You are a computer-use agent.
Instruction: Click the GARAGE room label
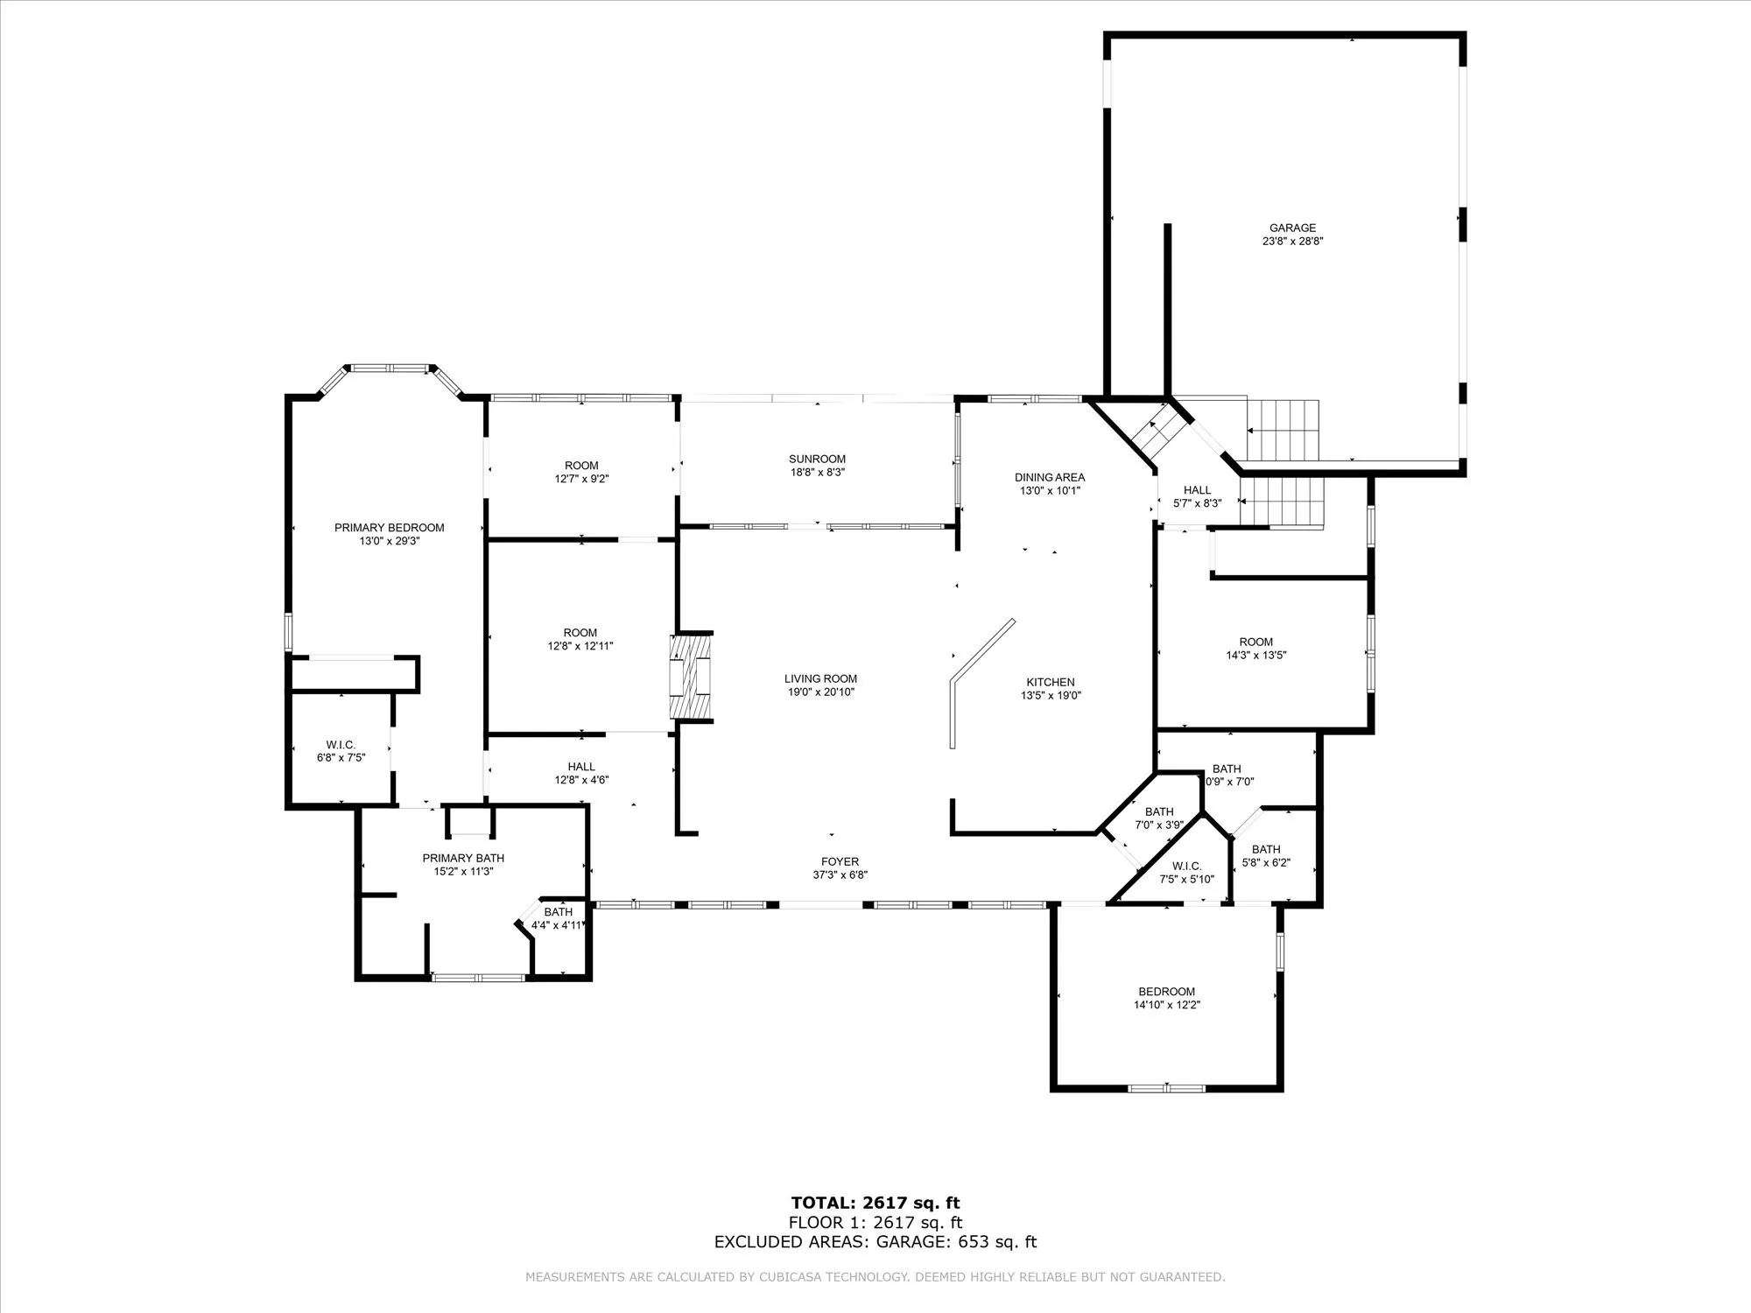tap(1292, 228)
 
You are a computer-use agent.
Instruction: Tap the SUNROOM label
tap(817, 459)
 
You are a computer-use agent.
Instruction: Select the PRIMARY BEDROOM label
tap(389, 528)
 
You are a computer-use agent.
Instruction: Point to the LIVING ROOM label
tap(820, 678)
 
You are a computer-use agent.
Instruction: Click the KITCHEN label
tap(1051, 682)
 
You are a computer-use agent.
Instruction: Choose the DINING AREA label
tap(1050, 477)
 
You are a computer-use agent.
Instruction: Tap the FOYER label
tap(840, 861)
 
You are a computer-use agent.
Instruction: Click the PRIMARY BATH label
tap(463, 858)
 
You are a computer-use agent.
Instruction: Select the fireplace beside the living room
tap(692, 676)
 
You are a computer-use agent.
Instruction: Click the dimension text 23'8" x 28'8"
tap(1292, 242)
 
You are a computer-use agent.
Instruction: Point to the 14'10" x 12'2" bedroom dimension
tap(1167, 1005)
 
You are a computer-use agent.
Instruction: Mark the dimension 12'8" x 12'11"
tap(580, 646)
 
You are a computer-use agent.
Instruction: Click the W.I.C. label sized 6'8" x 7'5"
tap(341, 745)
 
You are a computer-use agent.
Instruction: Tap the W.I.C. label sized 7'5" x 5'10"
tap(1187, 866)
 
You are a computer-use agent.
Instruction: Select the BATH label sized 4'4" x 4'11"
tap(558, 912)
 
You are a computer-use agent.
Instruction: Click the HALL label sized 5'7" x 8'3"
tap(1197, 490)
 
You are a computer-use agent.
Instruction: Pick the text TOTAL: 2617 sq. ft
tap(875, 1203)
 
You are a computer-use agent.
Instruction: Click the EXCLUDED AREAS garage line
tap(875, 1241)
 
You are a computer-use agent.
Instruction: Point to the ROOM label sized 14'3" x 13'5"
tap(1255, 642)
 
